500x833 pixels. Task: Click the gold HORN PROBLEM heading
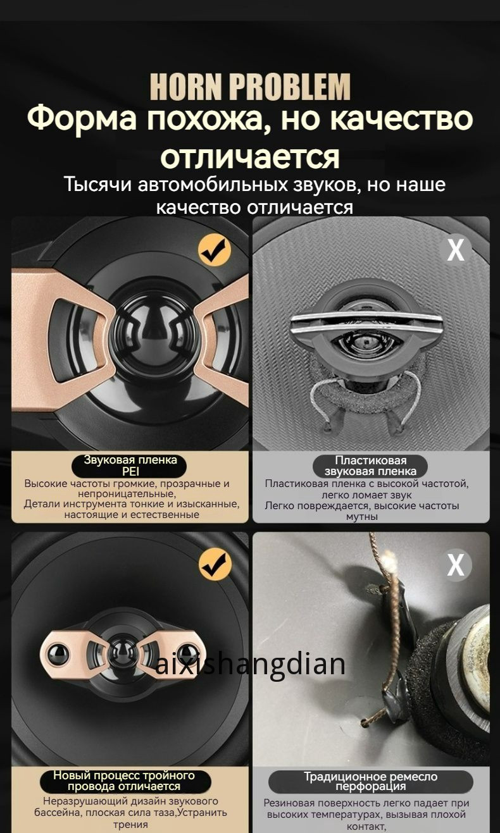point(250,87)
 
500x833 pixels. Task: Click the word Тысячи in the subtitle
point(97,185)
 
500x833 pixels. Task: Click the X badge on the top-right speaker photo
point(455,250)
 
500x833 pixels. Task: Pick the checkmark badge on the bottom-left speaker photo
point(215,565)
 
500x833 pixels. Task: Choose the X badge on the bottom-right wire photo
point(455,565)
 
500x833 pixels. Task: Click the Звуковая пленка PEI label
point(130,466)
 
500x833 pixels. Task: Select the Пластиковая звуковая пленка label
point(370,466)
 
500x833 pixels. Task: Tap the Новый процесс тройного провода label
point(124,781)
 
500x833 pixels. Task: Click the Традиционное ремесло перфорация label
point(370,781)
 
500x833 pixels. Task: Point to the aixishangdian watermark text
point(250,664)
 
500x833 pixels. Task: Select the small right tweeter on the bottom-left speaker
point(186,654)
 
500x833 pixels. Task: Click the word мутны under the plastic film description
point(361,517)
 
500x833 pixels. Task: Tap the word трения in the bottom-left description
point(130,824)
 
